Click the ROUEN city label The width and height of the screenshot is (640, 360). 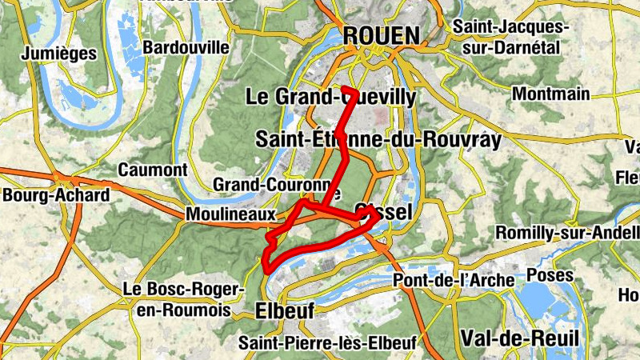(381, 35)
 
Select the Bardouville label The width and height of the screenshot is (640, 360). (186, 47)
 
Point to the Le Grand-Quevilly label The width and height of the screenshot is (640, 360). (331, 98)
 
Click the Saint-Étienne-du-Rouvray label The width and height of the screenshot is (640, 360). (378, 140)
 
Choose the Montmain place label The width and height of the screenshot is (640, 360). (550, 94)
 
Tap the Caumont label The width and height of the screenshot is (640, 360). (152, 170)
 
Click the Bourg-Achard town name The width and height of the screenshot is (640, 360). (56, 195)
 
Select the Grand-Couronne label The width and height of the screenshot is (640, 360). (277, 185)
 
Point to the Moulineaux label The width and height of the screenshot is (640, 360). (230, 214)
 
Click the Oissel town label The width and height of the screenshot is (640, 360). (382, 212)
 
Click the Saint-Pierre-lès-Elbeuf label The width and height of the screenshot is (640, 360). (328, 342)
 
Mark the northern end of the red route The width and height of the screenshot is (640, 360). (342, 87)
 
